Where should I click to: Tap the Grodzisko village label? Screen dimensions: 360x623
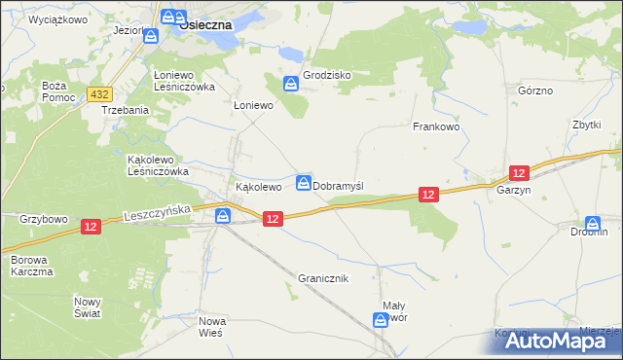[326, 75]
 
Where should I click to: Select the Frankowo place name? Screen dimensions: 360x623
[435, 126]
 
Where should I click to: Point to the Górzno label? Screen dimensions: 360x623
[535, 90]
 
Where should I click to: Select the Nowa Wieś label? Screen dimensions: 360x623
[211, 326]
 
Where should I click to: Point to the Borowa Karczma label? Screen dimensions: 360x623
[32, 266]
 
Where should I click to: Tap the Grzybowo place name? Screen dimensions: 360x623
[44, 219]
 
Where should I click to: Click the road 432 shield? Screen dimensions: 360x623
[99, 93]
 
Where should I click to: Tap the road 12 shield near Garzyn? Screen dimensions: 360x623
[519, 172]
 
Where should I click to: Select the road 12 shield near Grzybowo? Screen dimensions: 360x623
[91, 226]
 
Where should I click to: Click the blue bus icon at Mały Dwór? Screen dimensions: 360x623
[382, 319]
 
